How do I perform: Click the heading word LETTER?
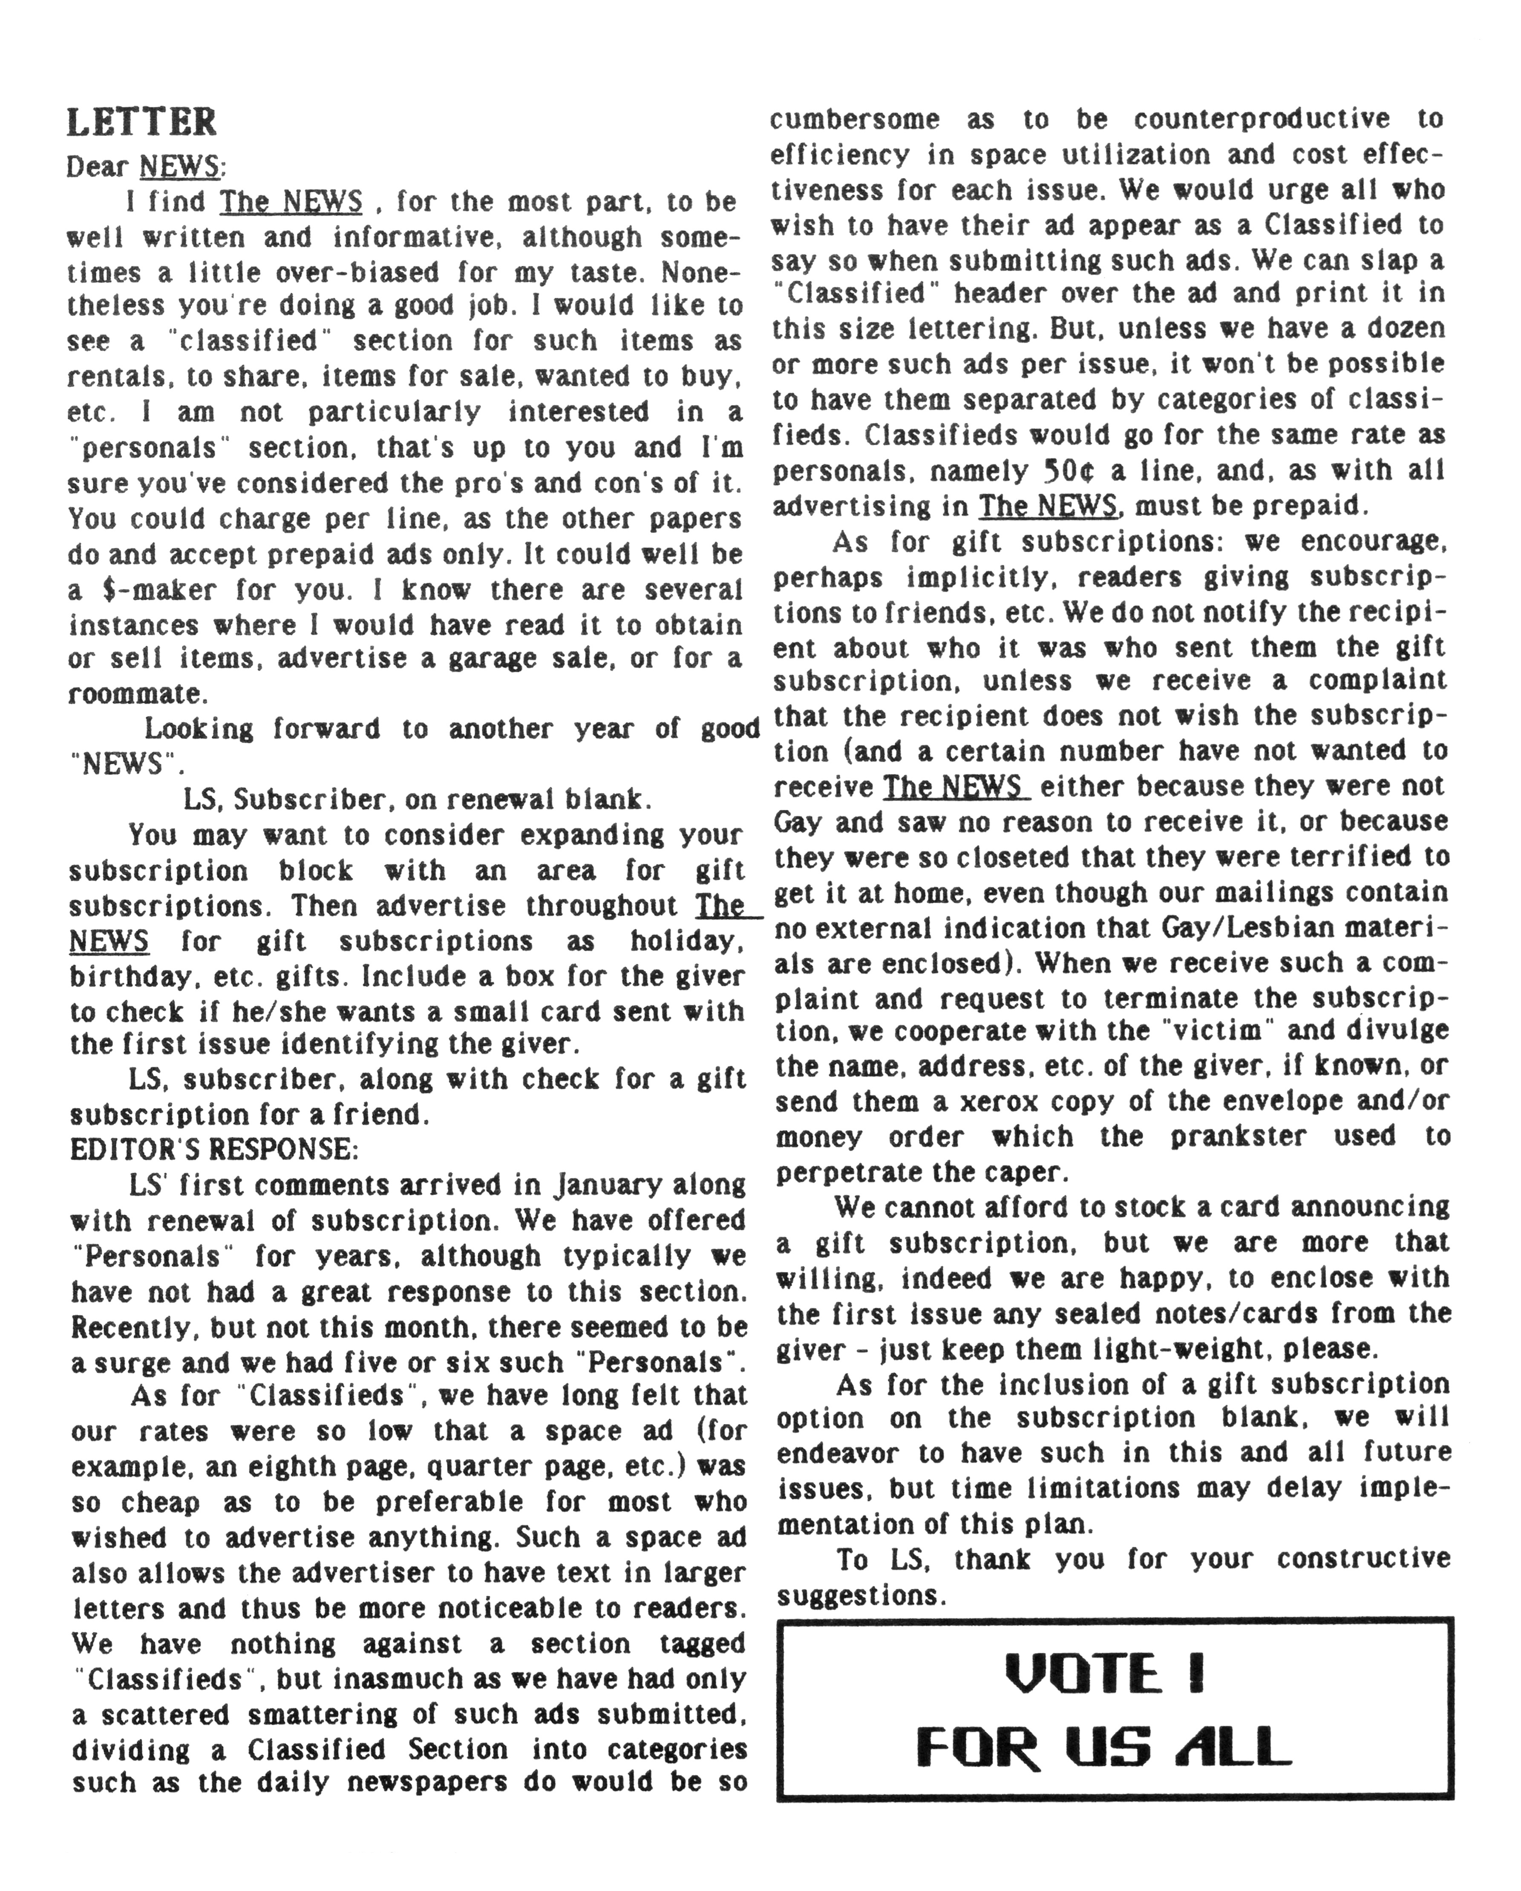(x=141, y=122)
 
